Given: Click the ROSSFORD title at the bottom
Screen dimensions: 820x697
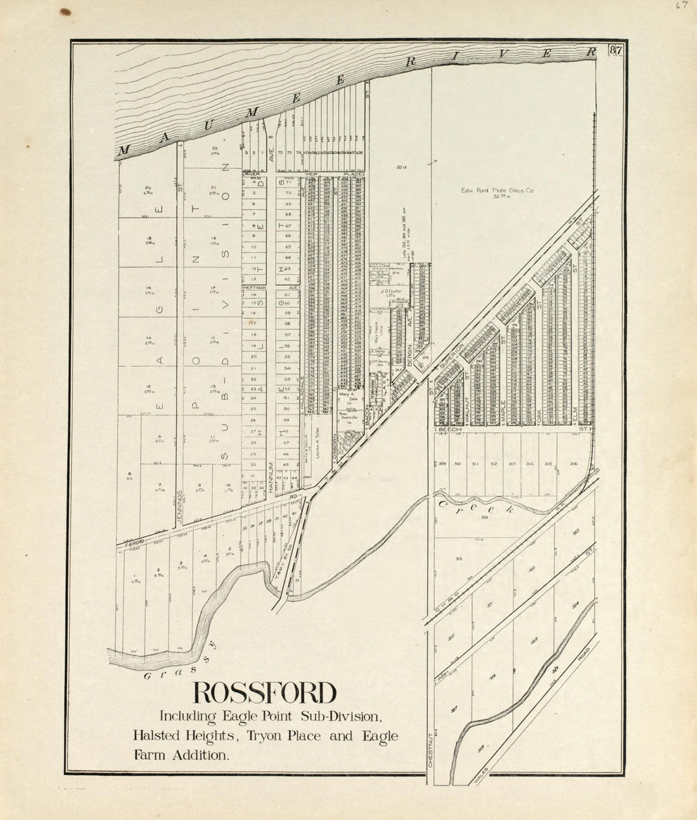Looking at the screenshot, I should [264, 693].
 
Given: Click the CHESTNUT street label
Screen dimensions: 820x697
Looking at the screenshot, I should [430, 747].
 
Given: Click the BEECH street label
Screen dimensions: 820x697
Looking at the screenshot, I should [453, 430].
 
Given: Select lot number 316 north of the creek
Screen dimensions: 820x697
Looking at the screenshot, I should [574, 464].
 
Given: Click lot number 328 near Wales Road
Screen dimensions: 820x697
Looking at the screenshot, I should [483, 748].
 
